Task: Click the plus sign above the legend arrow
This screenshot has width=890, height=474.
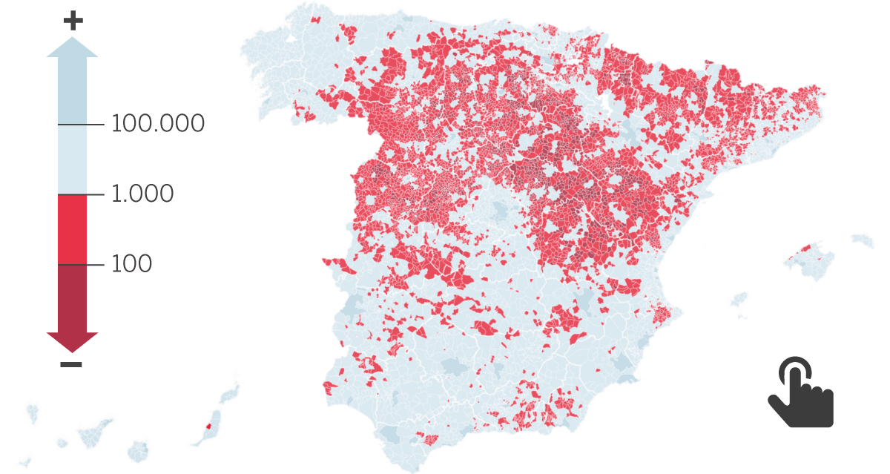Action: (x=73, y=21)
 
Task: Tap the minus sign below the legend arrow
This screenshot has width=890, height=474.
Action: (x=71, y=364)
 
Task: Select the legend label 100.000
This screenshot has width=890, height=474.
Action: (x=157, y=123)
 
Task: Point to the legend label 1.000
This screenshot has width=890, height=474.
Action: (x=142, y=194)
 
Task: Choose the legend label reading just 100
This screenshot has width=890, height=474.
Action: (x=131, y=263)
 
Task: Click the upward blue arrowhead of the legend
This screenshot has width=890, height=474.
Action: (x=72, y=47)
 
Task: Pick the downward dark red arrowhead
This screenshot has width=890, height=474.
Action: (x=72, y=342)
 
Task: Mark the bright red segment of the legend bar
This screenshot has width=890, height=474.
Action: (x=72, y=229)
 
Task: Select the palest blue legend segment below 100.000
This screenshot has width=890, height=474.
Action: (x=72, y=159)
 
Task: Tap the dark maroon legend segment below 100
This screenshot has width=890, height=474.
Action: (x=72, y=297)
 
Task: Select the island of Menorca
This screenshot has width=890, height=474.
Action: (x=863, y=240)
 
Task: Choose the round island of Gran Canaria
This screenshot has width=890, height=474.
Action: (x=139, y=450)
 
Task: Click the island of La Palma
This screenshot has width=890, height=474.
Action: (x=32, y=412)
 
